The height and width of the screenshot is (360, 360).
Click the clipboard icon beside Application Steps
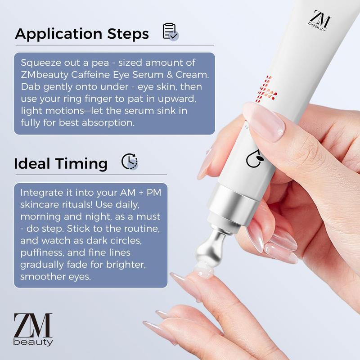click(x=171, y=32)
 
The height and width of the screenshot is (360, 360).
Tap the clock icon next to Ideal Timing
click(x=130, y=162)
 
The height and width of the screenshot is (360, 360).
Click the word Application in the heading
click(x=58, y=34)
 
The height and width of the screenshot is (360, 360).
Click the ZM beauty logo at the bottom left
click(x=33, y=329)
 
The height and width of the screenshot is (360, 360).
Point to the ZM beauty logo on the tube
click(x=319, y=20)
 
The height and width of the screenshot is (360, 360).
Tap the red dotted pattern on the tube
click(x=266, y=90)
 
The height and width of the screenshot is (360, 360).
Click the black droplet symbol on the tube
click(x=255, y=158)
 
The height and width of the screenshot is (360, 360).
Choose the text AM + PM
click(x=141, y=193)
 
